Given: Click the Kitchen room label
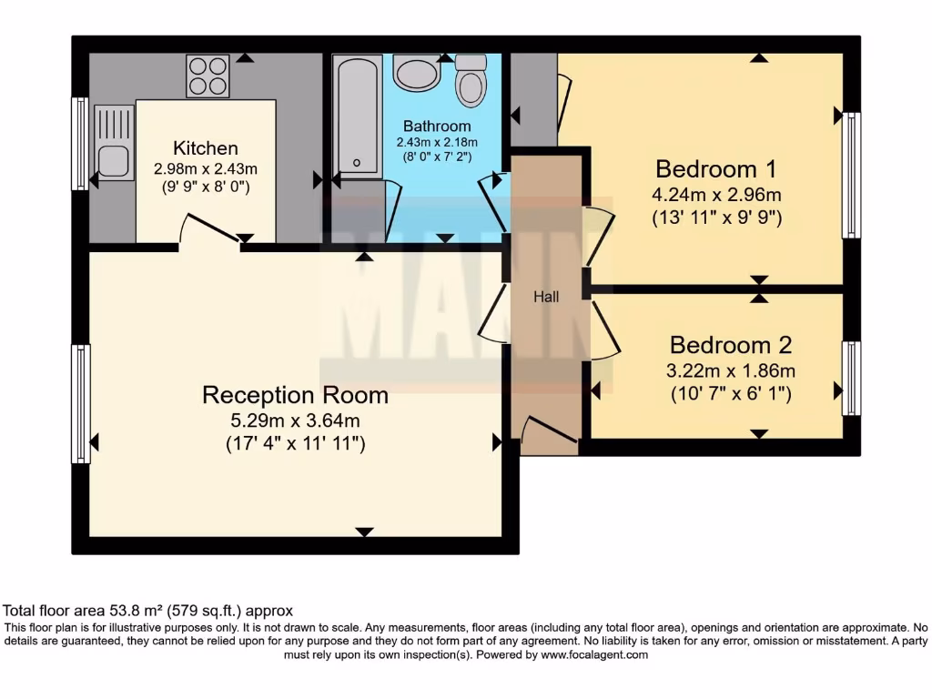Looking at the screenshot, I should point(206,148).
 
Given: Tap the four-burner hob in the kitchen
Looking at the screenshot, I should point(208,76).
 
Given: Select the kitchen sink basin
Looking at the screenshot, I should point(114,161).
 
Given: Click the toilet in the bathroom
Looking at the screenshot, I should point(471,81).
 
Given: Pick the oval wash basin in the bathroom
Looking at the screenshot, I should point(418,73).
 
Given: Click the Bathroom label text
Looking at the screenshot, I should point(437,127).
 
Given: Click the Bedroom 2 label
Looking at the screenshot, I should point(730,346).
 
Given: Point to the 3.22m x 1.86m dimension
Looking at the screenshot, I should point(732,370).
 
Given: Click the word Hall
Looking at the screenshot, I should point(546,297).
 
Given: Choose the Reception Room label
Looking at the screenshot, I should point(295,395).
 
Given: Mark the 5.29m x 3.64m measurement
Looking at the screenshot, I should point(295,420).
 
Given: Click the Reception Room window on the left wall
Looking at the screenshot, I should point(80,403).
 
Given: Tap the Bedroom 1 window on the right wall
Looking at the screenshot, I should point(851,175).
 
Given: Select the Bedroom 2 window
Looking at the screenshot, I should point(851,378).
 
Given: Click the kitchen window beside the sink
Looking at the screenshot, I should point(80,144).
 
